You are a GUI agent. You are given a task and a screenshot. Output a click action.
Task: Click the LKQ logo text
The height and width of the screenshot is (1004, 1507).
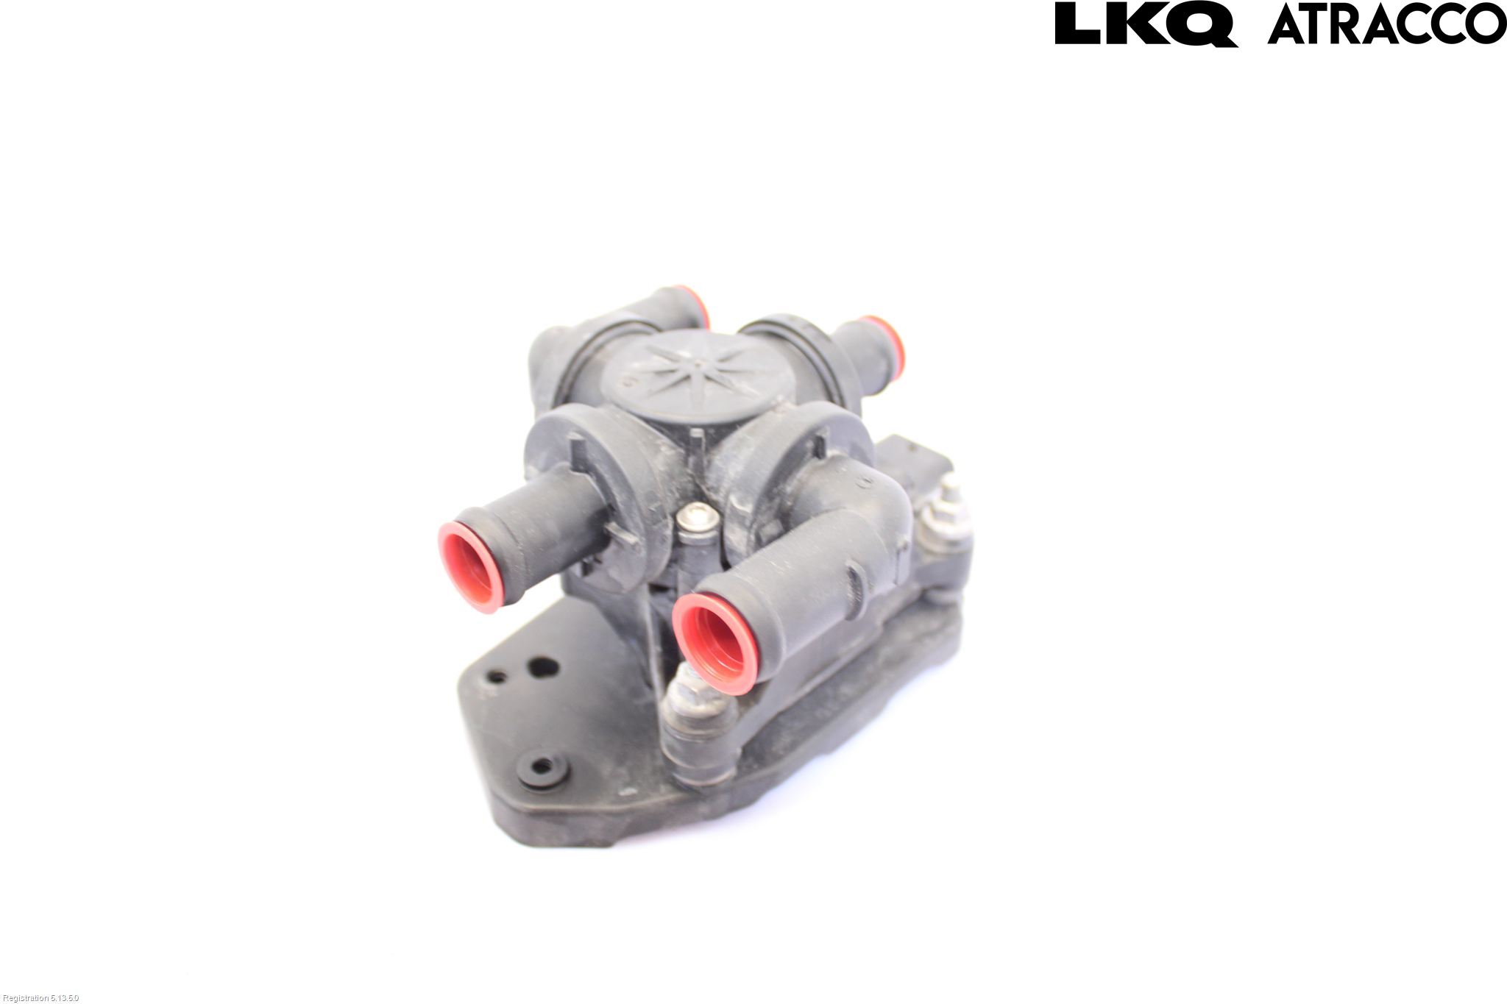1146,24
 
